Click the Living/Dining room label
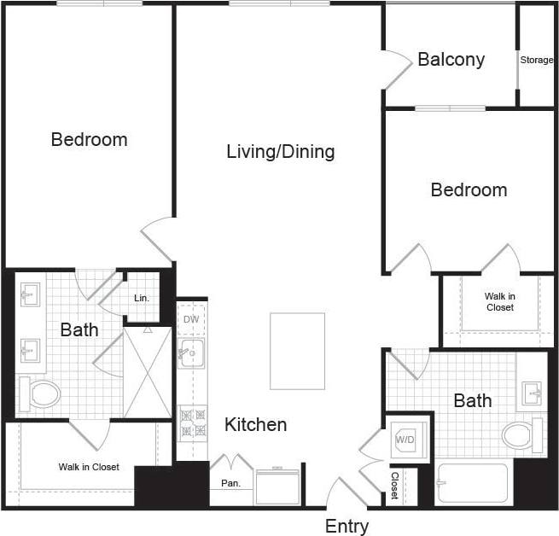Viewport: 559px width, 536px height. (x=280, y=152)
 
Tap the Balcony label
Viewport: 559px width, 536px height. (x=451, y=60)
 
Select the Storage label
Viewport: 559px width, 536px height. (x=537, y=60)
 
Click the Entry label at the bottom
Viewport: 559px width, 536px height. (x=346, y=526)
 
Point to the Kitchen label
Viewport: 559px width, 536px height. (x=255, y=424)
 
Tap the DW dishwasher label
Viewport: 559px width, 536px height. (x=191, y=319)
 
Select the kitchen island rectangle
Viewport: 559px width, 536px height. (x=297, y=351)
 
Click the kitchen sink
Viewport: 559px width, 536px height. (x=191, y=352)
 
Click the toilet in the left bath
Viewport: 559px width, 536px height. (x=41, y=393)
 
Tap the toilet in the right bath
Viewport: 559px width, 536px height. (x=521, y=435)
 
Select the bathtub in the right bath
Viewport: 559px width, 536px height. (x=472, y=484)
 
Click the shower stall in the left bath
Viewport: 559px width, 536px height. (x=148, y=372)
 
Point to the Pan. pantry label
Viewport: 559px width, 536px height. (x=230, y=483)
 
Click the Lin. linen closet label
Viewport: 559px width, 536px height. (x=143, y=298)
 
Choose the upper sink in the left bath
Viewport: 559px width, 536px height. (x=32, y=296)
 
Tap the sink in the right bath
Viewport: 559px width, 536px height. (x=531, y=393)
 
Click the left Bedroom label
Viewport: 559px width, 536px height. (x=89, y=139)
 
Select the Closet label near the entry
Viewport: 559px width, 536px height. (x=394, y=485)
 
